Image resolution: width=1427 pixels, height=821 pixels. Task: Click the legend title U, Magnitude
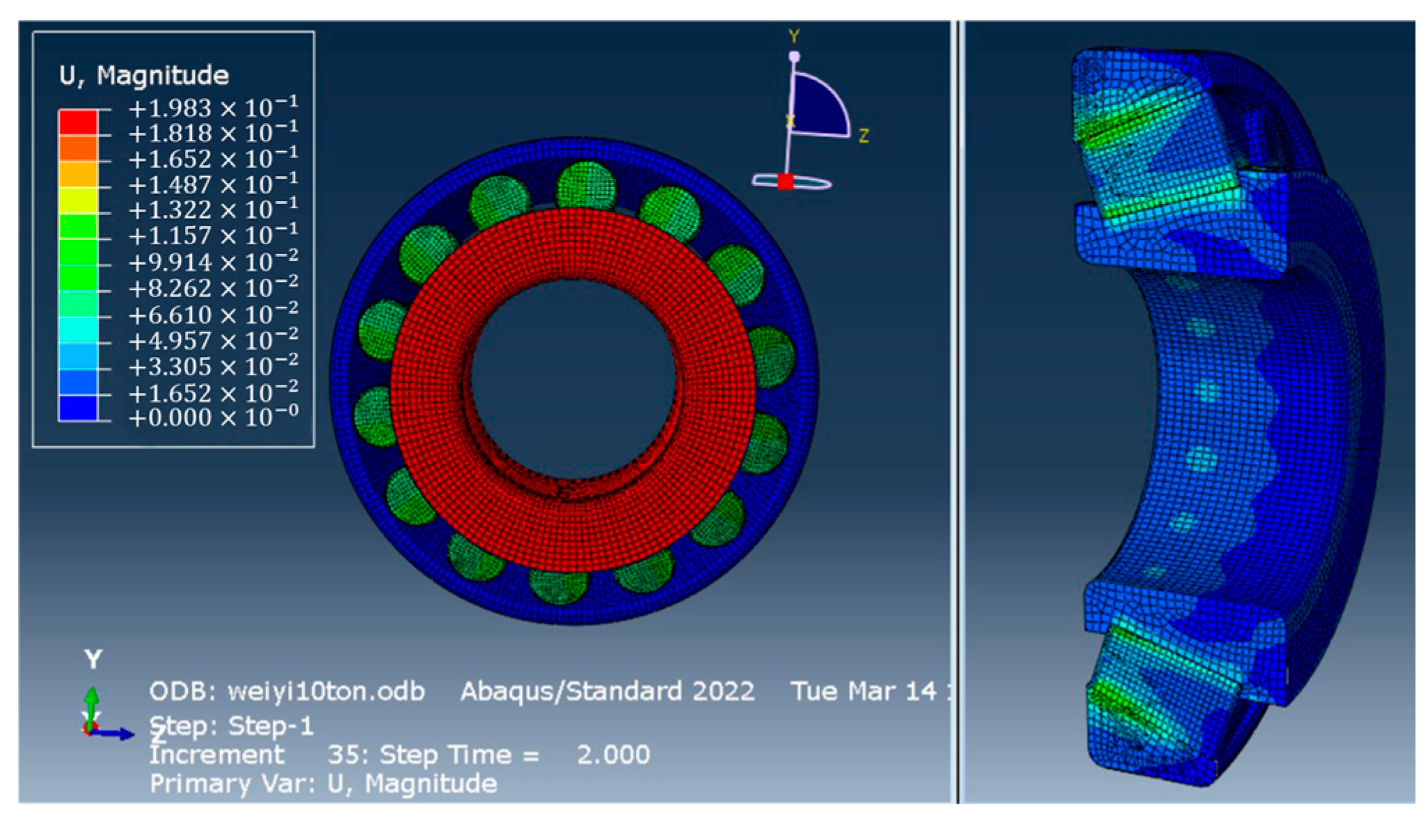[144, 75]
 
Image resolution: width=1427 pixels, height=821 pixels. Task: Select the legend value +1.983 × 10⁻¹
[213, 108]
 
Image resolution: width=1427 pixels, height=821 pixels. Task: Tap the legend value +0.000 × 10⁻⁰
[213, 417]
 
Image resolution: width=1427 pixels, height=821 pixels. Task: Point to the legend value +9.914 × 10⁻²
[213, 262]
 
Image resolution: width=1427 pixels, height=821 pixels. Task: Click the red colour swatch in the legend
[78, 122]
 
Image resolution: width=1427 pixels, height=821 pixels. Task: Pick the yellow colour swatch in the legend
[78, 200]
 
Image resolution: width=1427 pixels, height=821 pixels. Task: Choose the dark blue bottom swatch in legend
[78, 408]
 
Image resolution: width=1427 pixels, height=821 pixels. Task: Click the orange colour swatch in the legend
[78, 148]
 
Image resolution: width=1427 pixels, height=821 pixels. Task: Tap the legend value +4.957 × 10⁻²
[213, 340]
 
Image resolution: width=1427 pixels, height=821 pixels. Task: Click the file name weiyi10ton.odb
[326, 692]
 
